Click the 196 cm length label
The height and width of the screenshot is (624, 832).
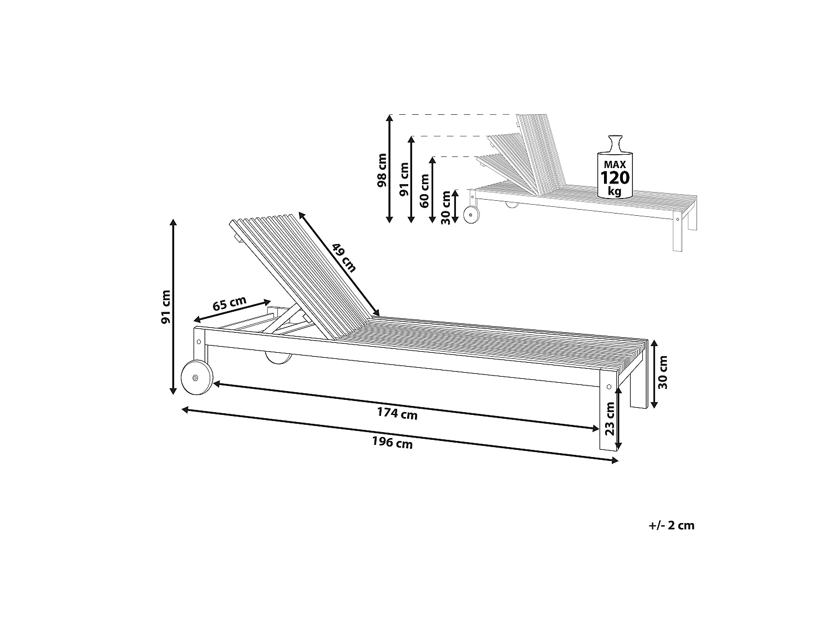pyautogui.click(x=392, y=442)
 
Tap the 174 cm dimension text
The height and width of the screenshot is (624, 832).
pyautogui.click(x=397, y=413)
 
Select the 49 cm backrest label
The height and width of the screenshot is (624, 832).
pyautogui.click(x=344, y=258)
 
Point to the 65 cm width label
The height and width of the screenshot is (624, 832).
pyautogui.click(x=229, y=303)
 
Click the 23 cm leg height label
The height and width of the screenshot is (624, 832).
pyautogui.click(x=610, y=418)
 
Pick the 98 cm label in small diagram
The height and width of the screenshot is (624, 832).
pyautogui.click(x=382, y=170)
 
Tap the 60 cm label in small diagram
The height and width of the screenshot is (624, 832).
pyautogui.click(x=424, y=191)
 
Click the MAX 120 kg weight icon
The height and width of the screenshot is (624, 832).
pyautogui.click(x=615, y=167)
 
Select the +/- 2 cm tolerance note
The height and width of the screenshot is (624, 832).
pyautogui.click(x=671, y=525)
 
